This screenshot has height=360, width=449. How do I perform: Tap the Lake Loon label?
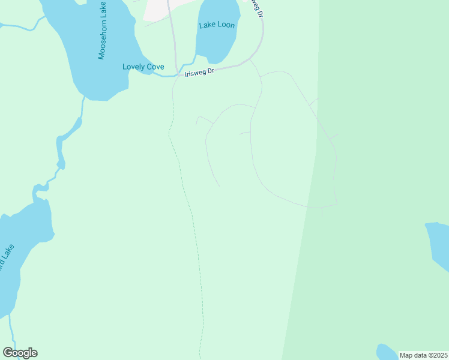tap(217, 25)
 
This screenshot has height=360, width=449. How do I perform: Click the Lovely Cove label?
tap(143, 67)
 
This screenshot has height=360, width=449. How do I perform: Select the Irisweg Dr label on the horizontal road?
tap(199, 73)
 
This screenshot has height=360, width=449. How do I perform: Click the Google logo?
tap(20, 353)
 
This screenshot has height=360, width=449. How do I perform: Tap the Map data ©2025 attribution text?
tap(423, 355)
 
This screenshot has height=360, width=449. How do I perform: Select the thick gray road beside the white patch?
tap(173, 36)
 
